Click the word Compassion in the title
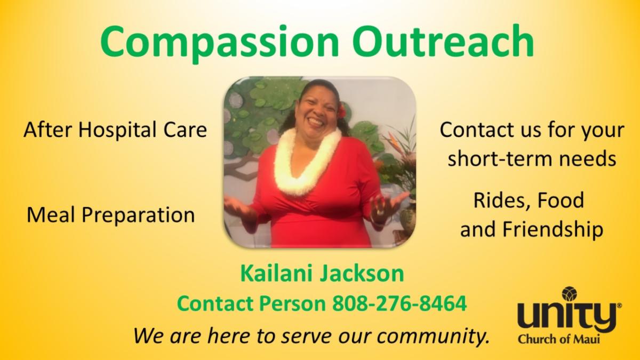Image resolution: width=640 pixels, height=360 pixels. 219,43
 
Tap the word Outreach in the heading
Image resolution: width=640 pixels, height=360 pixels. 443,41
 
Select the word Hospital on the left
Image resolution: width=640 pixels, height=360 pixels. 117,131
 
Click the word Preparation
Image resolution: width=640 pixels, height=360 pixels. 139,215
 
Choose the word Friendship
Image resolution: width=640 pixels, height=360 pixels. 553,229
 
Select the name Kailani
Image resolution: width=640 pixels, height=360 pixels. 278,273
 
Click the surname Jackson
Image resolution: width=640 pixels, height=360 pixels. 362,274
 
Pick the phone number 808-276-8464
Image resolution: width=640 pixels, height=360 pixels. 399,303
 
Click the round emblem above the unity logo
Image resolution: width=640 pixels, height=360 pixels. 569,294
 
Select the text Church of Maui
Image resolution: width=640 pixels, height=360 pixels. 558,339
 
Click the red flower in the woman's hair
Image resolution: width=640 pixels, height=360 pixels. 342,111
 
